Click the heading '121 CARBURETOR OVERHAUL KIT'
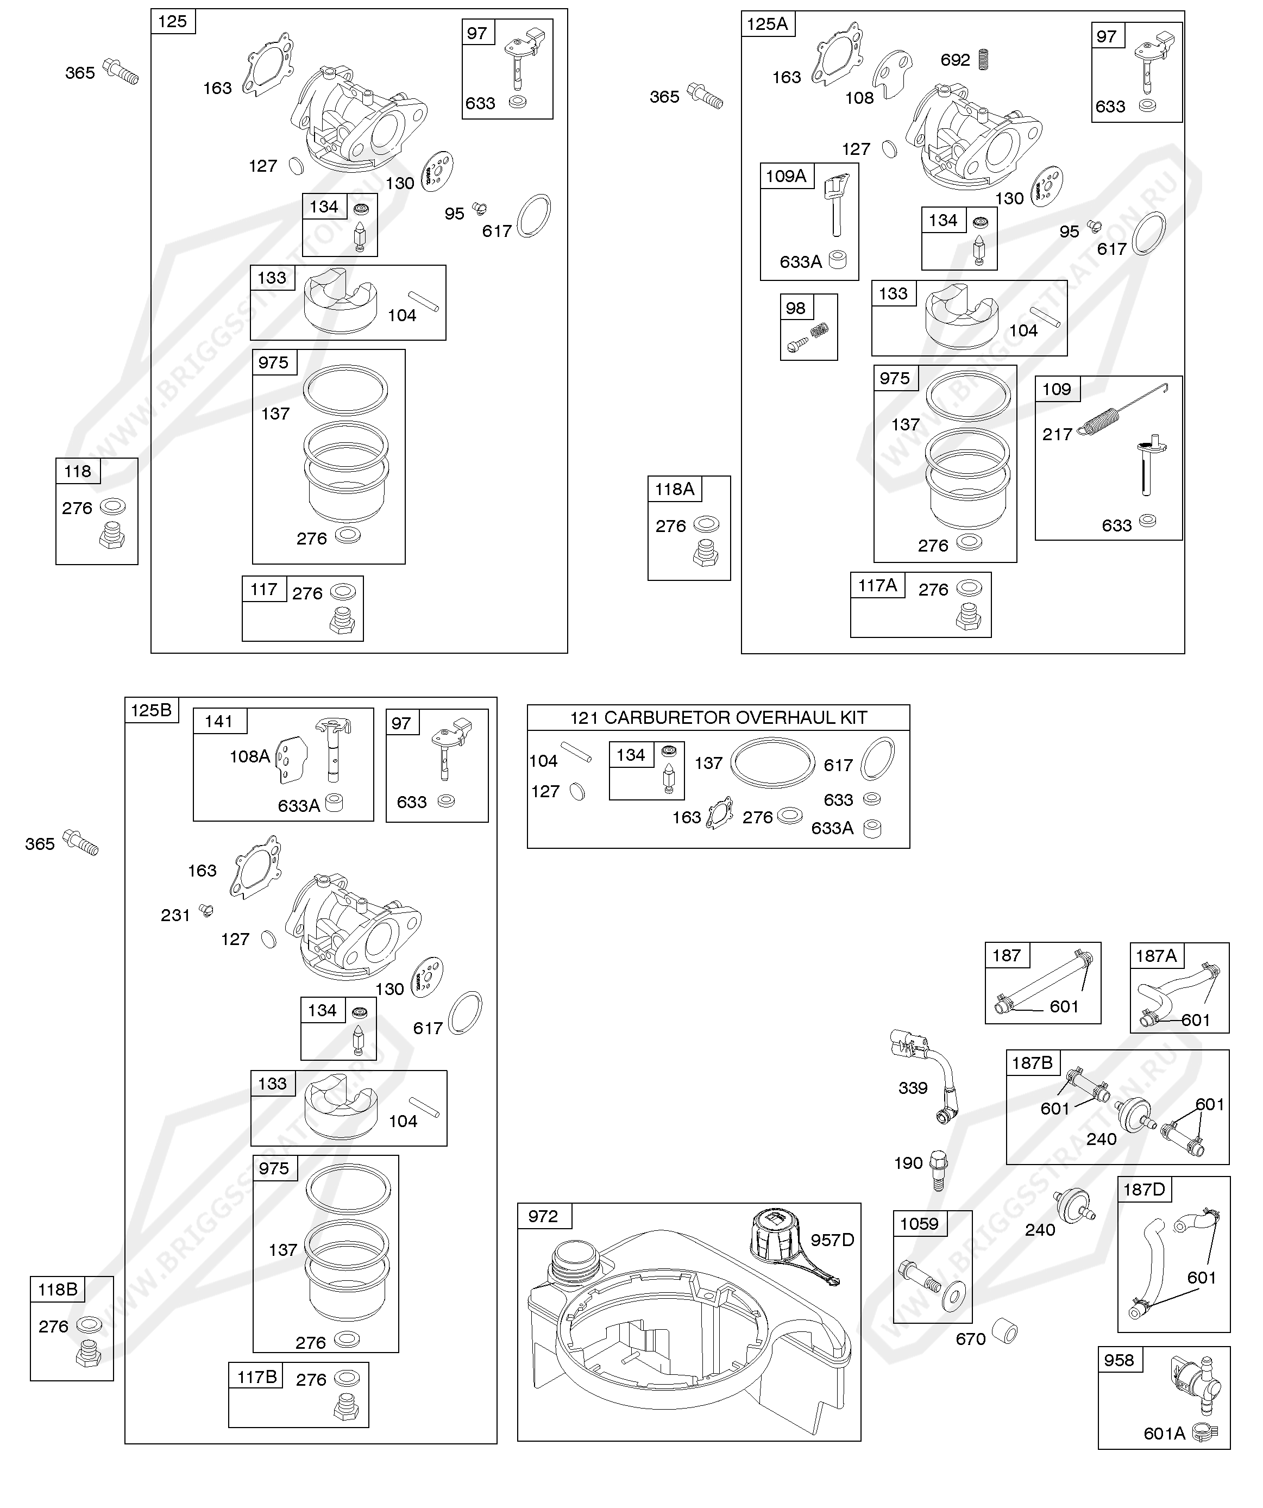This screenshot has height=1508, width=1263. click(718, 717)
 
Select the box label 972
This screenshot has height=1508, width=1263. click(543, 1216)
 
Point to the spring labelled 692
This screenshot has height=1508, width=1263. click(985, 60)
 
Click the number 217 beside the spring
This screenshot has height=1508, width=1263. click(1057, 434)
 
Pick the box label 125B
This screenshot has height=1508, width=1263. click(151, 710)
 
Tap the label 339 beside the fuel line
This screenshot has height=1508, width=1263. click(913, 1088)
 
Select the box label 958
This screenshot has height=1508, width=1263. click(1119, 1360)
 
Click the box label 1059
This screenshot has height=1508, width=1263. click(919, 1224)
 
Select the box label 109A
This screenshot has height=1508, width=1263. click(786, 176)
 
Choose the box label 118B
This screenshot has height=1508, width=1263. click(58, 1290)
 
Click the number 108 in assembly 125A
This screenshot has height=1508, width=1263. click(859, 98)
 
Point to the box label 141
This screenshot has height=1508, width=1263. click(218, 722)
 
